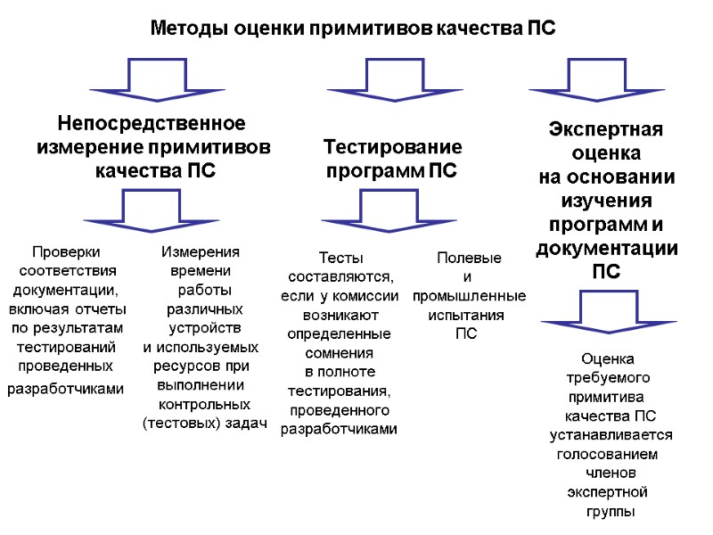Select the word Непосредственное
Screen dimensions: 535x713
tap(152, 122)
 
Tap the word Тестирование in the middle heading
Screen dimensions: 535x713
tap(392, 146)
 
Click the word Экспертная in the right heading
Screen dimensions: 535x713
tap(604, 129)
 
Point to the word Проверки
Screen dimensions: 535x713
tap(66, 252)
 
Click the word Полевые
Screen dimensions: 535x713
tap(469, 258)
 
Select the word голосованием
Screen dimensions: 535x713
tap(607, 454)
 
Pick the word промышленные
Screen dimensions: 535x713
tap(469, 295)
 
